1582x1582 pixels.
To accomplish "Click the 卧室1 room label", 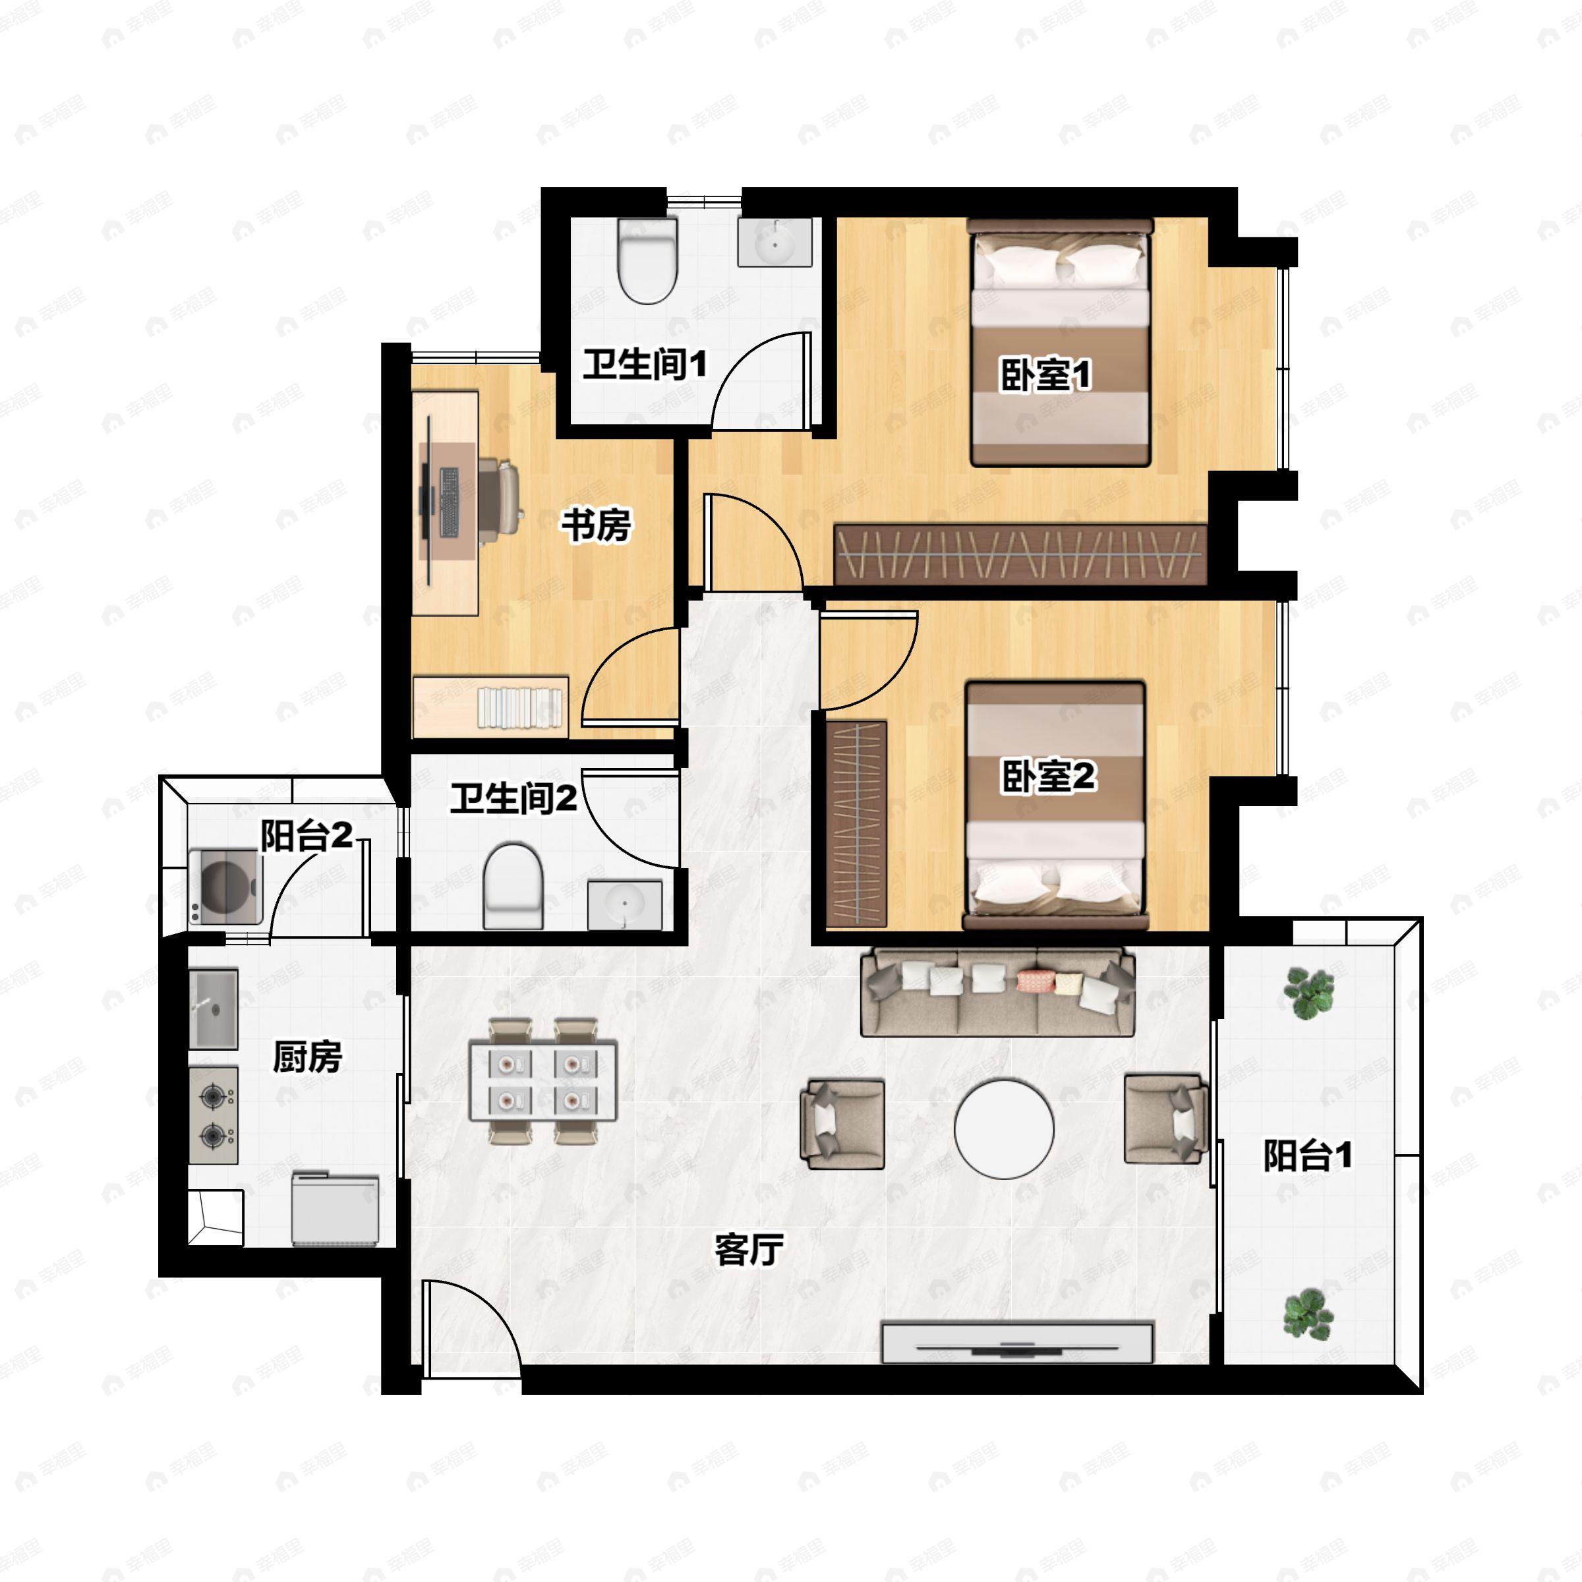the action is pyautogui.click(x=1045, y=375).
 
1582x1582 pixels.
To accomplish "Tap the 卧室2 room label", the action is pyautogui.click(x=1048, y=775).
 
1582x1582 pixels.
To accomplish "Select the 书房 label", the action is pyautogui.click(x=595, y=525).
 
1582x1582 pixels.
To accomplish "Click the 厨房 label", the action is pyautogui.click(x=307, y=1056).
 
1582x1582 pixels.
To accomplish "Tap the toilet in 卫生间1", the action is pyautogui.click(x=647, y=260).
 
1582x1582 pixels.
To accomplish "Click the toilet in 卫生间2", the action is pyautogui.click(x=513, y=886).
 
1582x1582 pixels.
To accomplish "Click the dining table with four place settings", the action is pyautogui.click(x=543, y=1081).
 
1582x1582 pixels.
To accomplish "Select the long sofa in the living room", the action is pyautogui.click(x=997, y=991).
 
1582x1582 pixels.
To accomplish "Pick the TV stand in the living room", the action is pyautogui.click(x=1017, y=1342).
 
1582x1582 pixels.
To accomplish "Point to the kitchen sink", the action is pyautogui.click(x=214, y=1009).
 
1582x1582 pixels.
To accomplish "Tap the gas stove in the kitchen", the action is pyautogui.click(x=214, y=1115).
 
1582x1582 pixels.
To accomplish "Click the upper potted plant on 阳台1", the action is pyautogui.click(x=1308, y=993).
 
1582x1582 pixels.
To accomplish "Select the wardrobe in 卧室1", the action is pyautogui.click(x=1020, y=554).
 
